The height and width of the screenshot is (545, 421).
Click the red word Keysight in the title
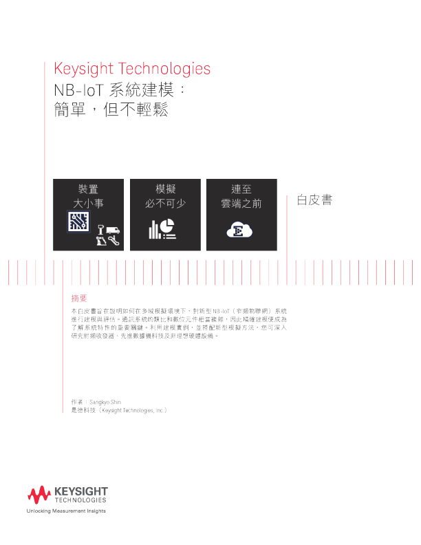pyautogui.click(x=82, y=70)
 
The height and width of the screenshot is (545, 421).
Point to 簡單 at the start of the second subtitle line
pyautogui.click(x=69, y=110)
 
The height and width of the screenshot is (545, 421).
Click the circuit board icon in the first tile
pyautogui.click(x=78, y=222)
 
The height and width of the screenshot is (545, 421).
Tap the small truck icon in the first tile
pyautogui.click(x=113, y=229)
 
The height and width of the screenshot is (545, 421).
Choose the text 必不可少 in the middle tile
pyautogui.click(x=166, y=204)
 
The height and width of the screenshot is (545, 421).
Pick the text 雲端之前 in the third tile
pyautogui.click(x=241, y=204)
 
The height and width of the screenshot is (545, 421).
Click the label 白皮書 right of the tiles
pyautogui.click(x=314, y=200)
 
